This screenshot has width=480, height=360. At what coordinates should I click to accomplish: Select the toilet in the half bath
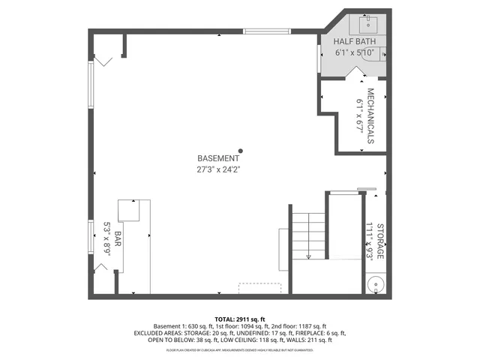[x=383, y=53]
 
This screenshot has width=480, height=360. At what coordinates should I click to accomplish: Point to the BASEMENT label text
[x=218, y=159]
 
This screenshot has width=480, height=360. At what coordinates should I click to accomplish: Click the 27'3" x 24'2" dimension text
[x=218, y=169]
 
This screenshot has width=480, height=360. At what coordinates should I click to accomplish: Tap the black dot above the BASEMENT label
[x=241, y=150]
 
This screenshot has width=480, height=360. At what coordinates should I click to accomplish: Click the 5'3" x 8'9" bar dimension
[x=106, y=238]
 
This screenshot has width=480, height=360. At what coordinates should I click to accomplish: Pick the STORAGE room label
[x=380, y=241]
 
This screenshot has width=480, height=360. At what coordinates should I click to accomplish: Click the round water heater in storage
[x=376, y=285]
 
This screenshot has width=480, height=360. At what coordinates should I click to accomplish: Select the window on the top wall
[x=268, y=31]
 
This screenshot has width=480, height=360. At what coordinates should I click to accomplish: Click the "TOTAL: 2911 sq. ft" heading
[x=240, y=319]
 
